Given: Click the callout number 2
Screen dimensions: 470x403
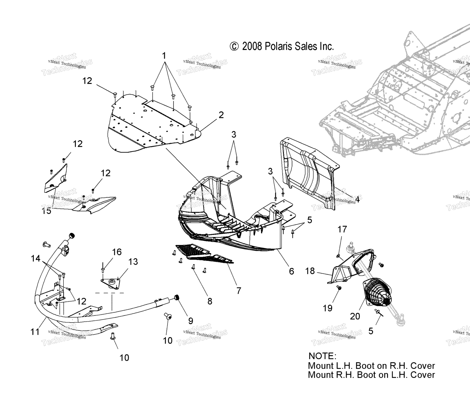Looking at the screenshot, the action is [x=221, y=115].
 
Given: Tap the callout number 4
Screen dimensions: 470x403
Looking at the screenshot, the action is [x=357, y=200].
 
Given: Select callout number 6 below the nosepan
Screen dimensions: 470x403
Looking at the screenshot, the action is [x=291, y=271].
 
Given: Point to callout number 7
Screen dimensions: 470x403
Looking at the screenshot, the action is [x=239, y=291].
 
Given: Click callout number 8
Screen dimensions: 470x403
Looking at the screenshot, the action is [x=210, y=301].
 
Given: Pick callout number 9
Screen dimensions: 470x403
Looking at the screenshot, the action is [x=191, y=321].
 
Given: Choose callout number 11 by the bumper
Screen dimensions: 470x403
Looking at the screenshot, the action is [x=35, y=332].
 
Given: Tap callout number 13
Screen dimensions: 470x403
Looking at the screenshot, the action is [x=133, y=262].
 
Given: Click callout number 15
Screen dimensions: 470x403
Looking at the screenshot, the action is [x=47, y=211].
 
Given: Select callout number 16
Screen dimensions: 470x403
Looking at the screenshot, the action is [x=117, y=252].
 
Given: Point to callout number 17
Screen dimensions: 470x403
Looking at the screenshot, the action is [x=342, y=229].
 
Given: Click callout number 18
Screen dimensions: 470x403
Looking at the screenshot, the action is [x=310, y=271].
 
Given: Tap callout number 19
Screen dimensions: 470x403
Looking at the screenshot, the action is [x=328, y=308].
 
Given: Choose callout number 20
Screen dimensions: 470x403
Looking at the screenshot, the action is [x=355, y=316].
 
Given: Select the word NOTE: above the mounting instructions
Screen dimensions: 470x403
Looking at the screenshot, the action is [x=322, y=356].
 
